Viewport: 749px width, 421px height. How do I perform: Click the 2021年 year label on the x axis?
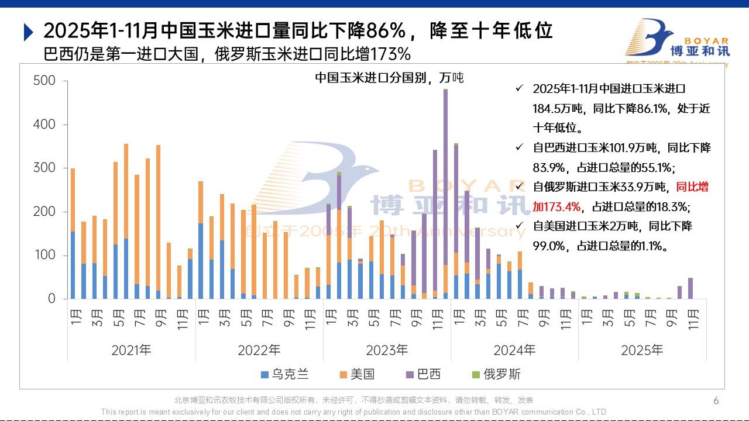pos(131,350)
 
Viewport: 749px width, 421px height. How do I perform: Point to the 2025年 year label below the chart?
pos(642,350)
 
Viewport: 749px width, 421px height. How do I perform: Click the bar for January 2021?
pos(73,234)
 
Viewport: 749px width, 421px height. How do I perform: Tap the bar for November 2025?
pos(690,288)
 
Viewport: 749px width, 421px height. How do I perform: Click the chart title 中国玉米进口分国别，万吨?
pos(389,77)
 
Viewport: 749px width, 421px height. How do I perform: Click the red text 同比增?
pos(692,187)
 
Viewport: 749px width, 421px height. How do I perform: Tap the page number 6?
pos(716,401)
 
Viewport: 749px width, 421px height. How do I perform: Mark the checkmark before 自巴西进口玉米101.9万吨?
pos(518,148)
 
